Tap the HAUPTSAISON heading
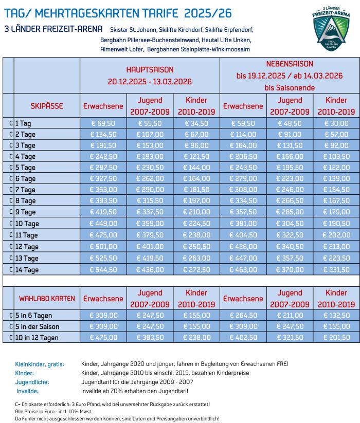tap(150, 69)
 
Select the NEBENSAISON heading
tap(290, 64)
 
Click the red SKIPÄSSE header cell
tap(47, 106)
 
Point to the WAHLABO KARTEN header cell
tap(47, 298)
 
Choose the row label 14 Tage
tap(27, 269)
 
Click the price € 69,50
tap(103, 123)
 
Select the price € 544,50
tap(103, 269)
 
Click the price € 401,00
tap(150, 247)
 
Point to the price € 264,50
tap(243, 316)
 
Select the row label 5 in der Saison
tap(37, 327)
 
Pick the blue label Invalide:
tap(28, 391)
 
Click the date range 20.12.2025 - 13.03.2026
tap(150, 81)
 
